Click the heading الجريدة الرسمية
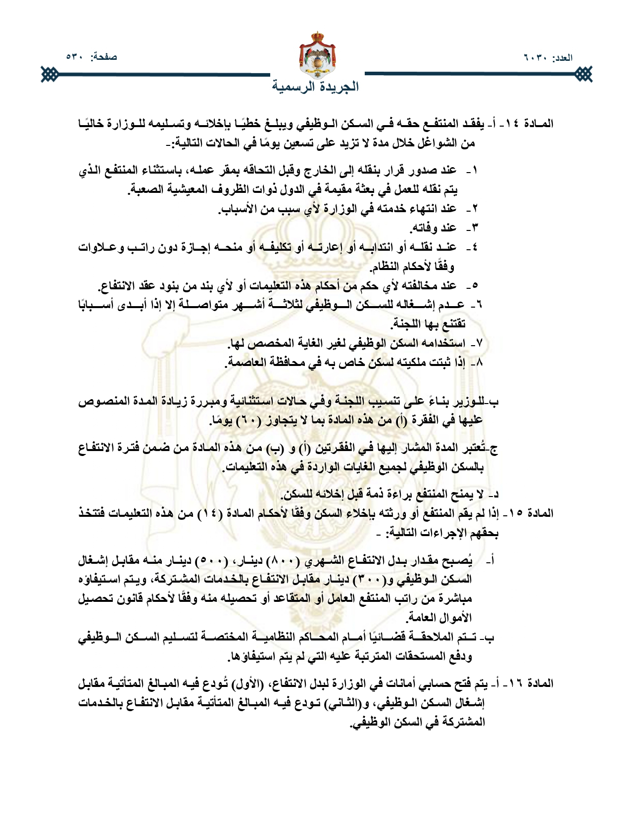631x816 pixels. point(315,87)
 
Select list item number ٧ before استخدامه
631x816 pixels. point(479,344)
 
